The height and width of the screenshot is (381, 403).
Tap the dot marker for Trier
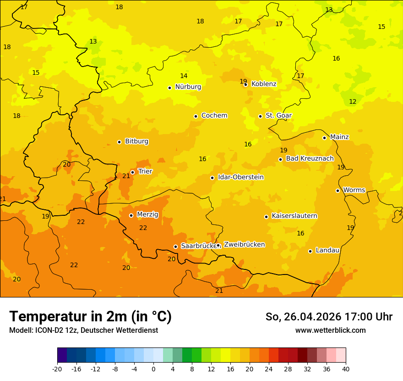132,172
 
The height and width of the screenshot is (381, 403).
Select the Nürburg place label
188,87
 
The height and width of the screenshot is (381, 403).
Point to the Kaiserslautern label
294,216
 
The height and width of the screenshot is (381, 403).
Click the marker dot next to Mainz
324,138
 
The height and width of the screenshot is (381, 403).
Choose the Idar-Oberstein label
240,177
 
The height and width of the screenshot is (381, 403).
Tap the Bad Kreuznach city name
310,158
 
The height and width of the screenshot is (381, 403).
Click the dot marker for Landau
310,251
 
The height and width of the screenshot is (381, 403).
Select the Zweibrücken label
244,245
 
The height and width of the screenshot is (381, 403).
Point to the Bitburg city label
136,141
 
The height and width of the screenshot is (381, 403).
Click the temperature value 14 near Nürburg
184,76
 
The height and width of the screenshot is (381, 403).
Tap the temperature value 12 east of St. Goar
353,101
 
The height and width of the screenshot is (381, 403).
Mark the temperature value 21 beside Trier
126,176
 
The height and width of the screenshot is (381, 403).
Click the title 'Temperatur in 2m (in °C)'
90,317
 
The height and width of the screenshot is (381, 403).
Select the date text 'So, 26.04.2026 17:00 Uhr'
329,317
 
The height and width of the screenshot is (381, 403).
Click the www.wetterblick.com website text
330,331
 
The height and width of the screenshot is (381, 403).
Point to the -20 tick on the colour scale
57,369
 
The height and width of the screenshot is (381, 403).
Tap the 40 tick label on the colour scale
346,369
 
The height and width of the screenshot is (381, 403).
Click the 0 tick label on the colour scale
153,369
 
